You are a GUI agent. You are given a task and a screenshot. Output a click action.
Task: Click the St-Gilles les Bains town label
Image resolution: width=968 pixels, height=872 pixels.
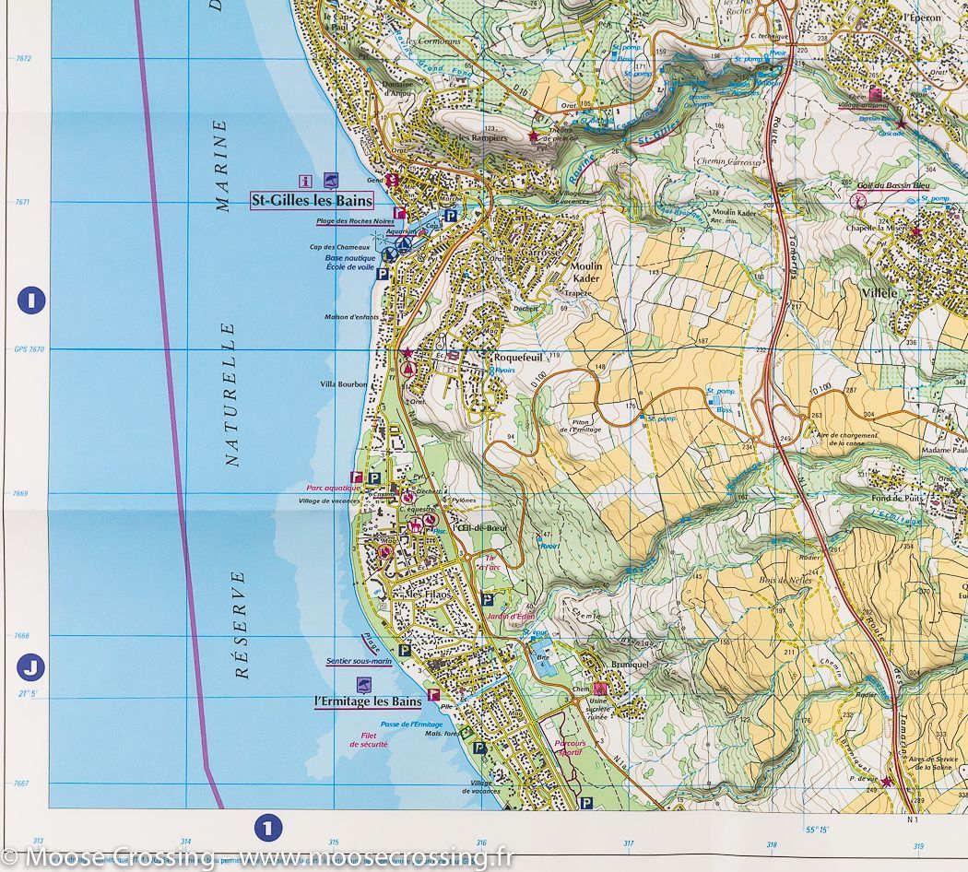click(x=312, y=201)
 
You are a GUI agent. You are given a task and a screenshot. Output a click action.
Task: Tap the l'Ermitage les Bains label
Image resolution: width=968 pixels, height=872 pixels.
click(x=368, y=701)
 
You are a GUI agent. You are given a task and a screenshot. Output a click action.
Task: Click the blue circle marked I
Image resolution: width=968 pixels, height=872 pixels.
click(x=31, y=300)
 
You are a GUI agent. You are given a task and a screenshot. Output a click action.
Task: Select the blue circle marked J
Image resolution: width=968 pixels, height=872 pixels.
click(x=31, y=666)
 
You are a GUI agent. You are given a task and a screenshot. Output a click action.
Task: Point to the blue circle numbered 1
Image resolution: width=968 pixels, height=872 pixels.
click(x=267, y=827)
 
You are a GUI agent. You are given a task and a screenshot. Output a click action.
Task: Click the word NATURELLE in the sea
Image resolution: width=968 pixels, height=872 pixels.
click(x=231, y=395)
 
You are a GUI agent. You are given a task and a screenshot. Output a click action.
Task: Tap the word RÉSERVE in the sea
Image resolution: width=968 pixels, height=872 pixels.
click(x=242, y=624)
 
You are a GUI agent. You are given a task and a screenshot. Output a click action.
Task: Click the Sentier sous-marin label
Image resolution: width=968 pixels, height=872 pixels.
click(x=360, y=661)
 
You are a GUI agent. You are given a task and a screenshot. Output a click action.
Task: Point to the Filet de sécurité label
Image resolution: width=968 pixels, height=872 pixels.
click(x=368, y=739)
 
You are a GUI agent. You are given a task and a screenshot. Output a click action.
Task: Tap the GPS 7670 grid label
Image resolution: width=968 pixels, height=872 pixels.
click(x=30, y=349)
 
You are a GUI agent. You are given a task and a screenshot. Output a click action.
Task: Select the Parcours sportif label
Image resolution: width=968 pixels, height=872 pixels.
click(x=570, y=747)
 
